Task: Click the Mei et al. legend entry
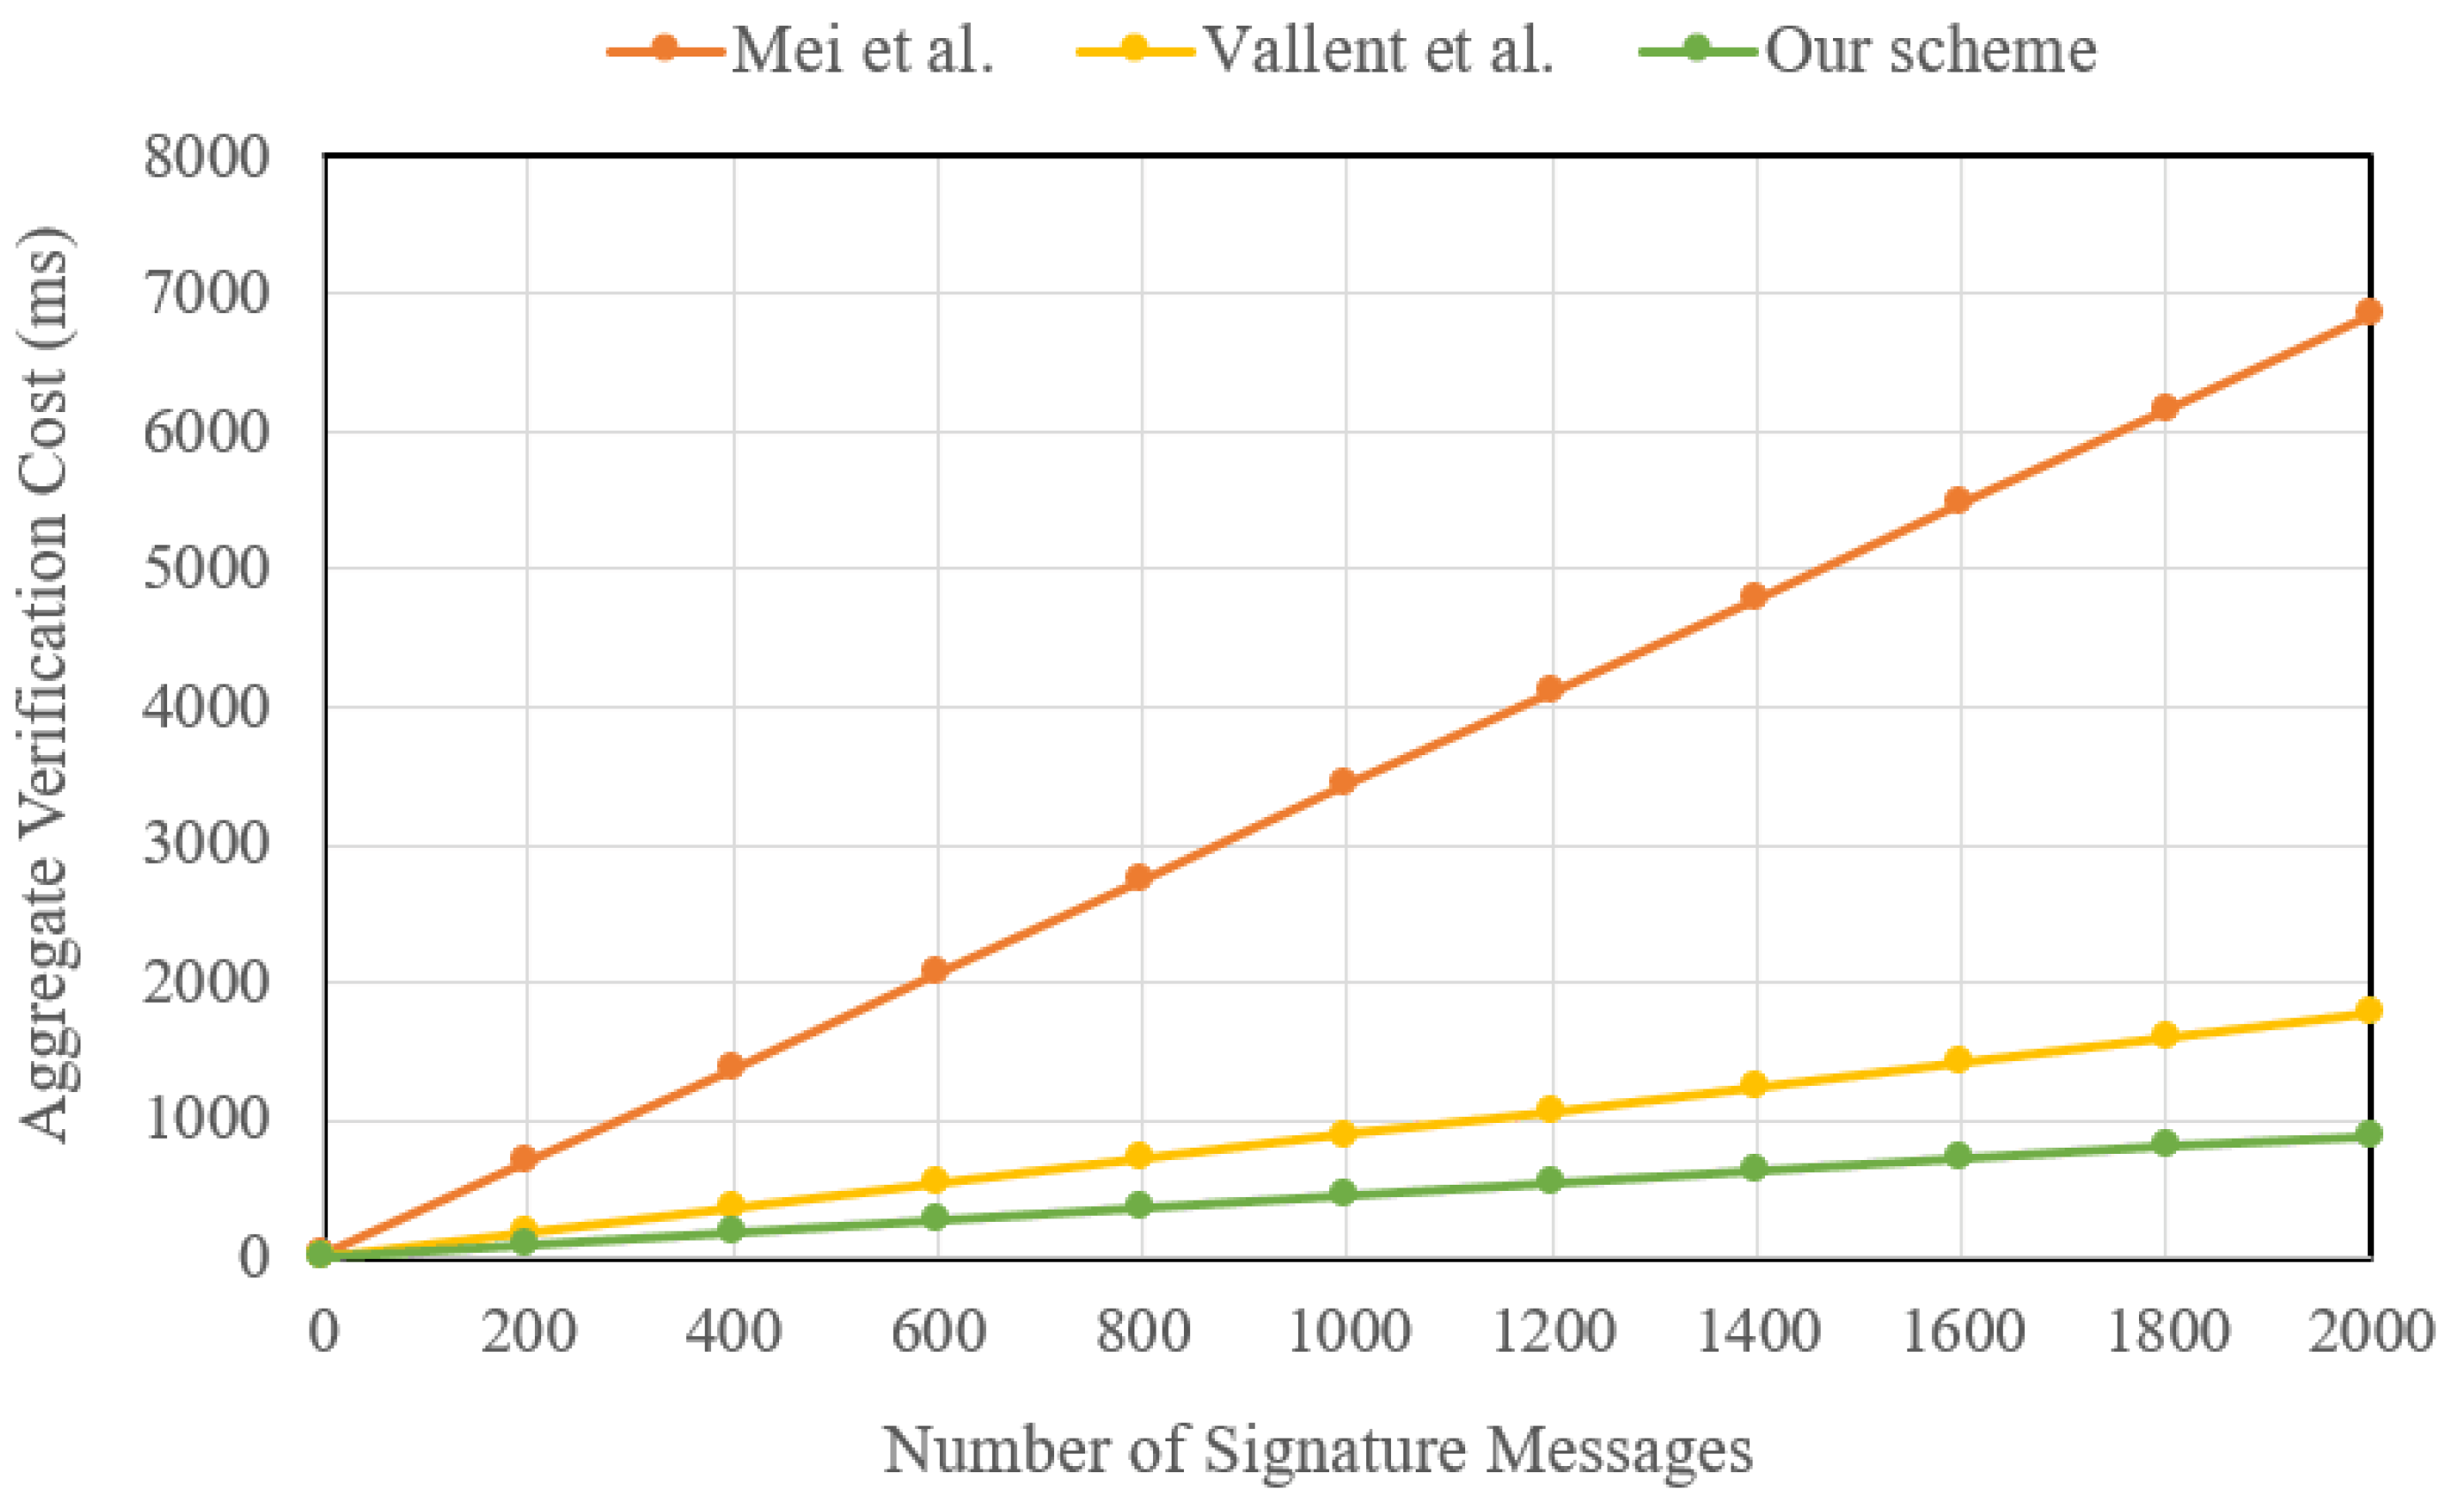(x=801, y=49)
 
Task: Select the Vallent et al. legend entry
(x=1316, y=49)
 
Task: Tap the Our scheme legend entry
(x=1869, y=49)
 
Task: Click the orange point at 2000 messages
(x=2368, y=311)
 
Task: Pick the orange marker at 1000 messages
(x=1342, y=782)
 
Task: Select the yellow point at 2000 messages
(x=2368, y=1011)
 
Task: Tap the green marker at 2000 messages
(x=2368, y=1134)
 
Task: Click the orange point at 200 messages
(x=523, y=1157)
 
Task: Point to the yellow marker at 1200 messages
(x=1548, y=1109)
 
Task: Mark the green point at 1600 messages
(x=1958, y=1156)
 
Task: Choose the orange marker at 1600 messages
(x=1958, y=500)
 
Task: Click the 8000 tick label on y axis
(x=206, y=157)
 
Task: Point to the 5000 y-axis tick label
(x=206, y=569)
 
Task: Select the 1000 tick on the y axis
(x=206, y=1119)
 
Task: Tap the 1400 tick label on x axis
(x=1757, y=1330)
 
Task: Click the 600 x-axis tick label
(x=937, y=1330)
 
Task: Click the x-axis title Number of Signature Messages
(x=1318, y=1449)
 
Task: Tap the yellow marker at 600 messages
(x=934, y=1181)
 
